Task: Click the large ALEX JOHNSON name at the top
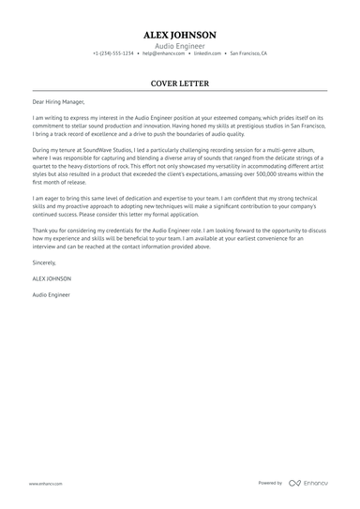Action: coord(180,34)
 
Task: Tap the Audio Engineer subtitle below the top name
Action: coord(180,45)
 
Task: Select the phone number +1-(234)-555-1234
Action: coord(113,53)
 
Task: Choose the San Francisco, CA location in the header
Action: coord(248,53)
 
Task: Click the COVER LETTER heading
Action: coord(180,82)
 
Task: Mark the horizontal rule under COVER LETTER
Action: coord(180,91)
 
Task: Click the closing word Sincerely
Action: coord(44,263)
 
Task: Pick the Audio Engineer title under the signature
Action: coord(52,294)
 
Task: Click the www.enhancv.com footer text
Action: coord(46,483)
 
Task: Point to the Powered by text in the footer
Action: coord(270,483)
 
